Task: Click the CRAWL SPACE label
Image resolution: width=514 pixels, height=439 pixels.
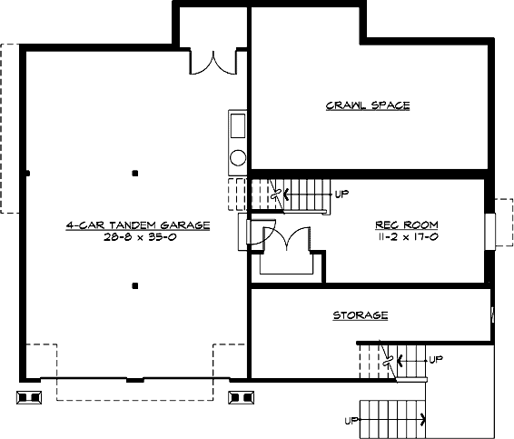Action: pos(368,105)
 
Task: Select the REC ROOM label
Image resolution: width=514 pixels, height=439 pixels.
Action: pos(407,224)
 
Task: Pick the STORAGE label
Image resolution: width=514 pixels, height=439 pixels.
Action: pos(360,315)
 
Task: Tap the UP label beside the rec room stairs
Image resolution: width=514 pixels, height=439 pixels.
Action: pos(341,194)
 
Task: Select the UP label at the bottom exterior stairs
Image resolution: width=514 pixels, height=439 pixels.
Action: pos(351,421)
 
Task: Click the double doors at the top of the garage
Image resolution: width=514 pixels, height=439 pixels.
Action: pos(213,63)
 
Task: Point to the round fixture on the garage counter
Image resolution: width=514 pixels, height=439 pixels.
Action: pos(238,157)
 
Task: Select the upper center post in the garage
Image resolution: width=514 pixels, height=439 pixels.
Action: pos(135,173)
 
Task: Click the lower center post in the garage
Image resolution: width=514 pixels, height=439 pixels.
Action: pos(135,286)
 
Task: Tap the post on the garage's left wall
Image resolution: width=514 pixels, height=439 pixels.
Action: pos(28,173)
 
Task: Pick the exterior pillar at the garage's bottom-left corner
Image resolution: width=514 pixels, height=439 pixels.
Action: pos(29,397)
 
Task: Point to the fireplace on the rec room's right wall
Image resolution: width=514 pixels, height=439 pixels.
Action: pos(490,232)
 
